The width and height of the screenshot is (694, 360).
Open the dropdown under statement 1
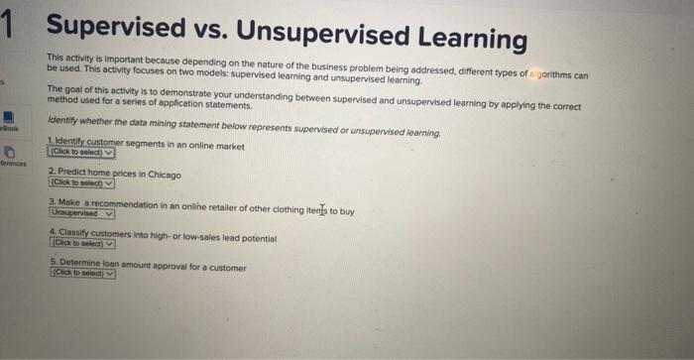coord(81,153)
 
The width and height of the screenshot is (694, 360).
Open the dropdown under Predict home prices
coord(81,182)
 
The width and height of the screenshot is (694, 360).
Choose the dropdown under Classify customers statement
coord(82,244)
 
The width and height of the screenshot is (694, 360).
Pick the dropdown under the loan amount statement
coord(82,274)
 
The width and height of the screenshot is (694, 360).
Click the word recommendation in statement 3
coord(110,203)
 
